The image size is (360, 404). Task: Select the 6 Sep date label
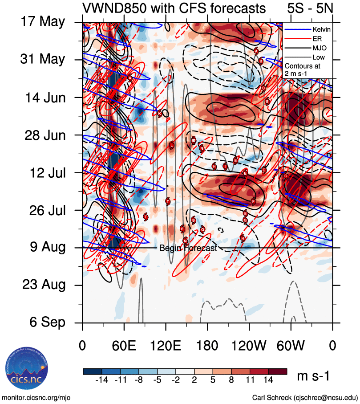tap(49, 322)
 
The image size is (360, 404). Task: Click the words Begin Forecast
tap(188, 249)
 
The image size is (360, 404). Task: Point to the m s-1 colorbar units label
tap(313, 376)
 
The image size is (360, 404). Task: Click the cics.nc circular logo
tap(24, 369)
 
